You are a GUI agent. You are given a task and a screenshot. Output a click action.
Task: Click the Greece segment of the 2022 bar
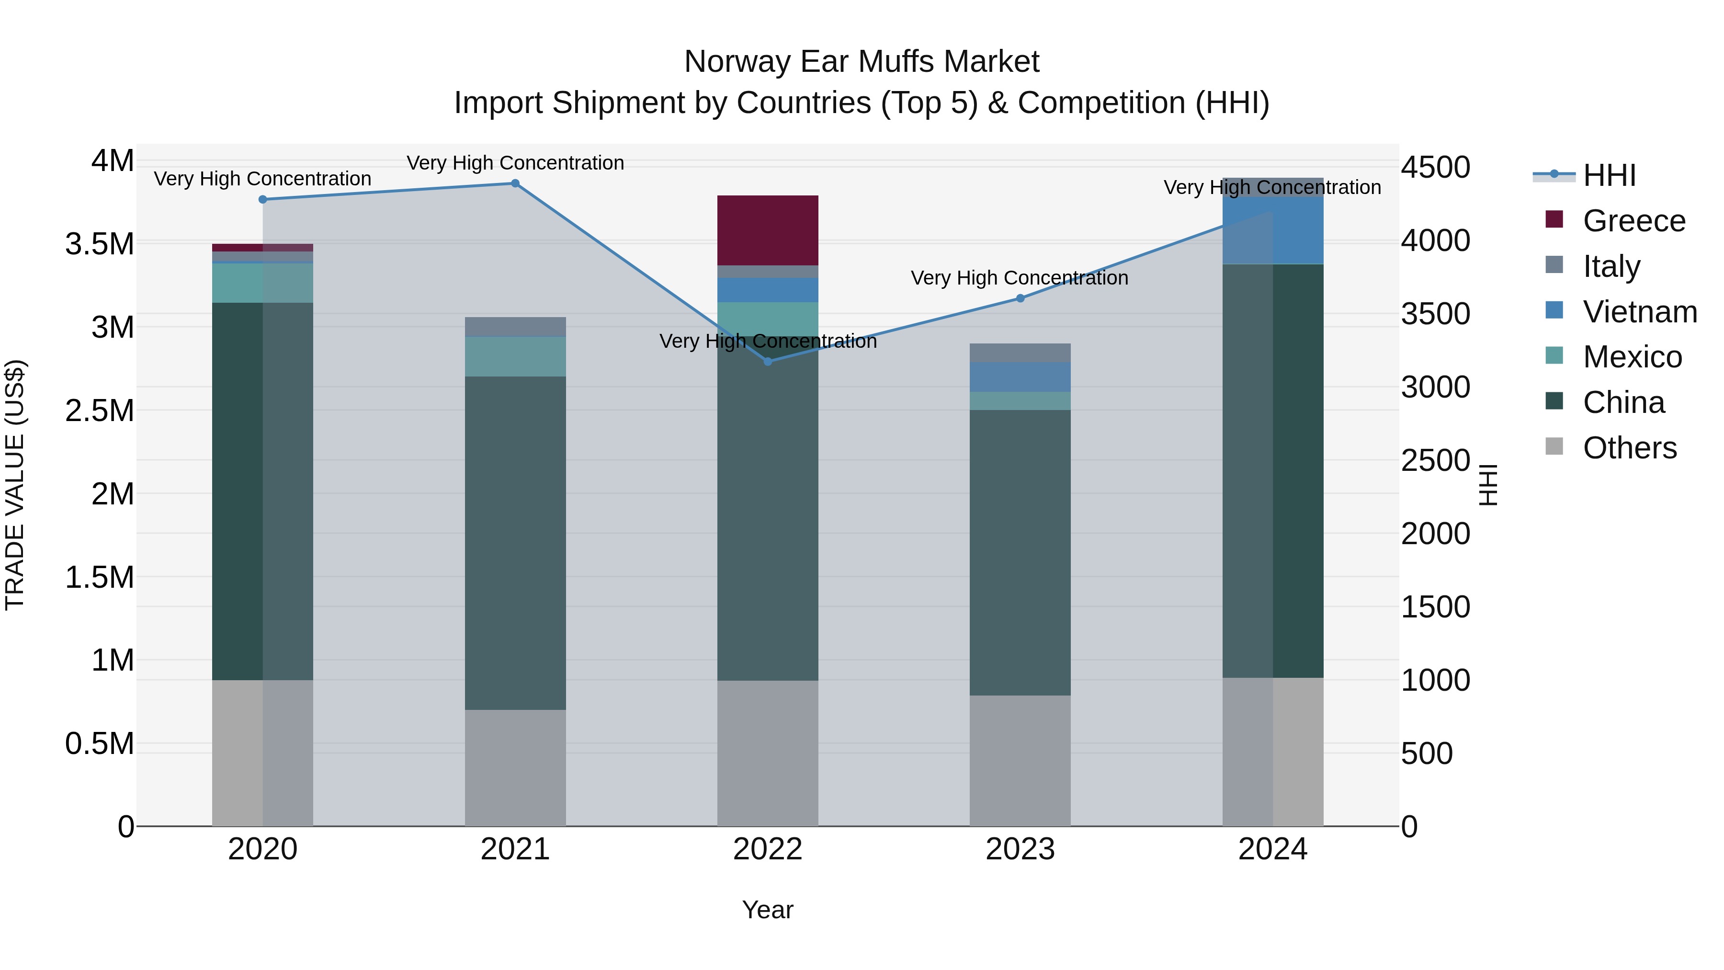pos(768,230)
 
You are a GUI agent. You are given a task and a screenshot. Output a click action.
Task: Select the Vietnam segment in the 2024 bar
pos(1272,230)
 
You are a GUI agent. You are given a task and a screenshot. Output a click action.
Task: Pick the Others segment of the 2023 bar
pos(1020,761)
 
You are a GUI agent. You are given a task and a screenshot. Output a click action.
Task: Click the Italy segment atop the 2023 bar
pos(1020,353)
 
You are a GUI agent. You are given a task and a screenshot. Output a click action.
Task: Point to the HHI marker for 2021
pos(515,183)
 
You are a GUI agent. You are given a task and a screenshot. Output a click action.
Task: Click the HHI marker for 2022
pos(768,362)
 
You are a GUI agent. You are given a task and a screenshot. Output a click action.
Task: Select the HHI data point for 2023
pos(1020,298)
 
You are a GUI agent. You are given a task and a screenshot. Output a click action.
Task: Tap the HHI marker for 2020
pos(263,199)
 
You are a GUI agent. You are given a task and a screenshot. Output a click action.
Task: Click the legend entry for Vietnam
pos(1639,312)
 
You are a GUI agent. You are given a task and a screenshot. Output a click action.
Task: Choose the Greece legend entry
pos(1633,221)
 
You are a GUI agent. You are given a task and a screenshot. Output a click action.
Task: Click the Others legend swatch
pos(1554,446)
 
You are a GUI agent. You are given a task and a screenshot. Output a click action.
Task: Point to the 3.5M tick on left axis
pos(99,244)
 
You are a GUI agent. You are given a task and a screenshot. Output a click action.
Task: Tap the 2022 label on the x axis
pos(768,849)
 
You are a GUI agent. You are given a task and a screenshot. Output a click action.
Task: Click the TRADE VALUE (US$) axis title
pos(15,485)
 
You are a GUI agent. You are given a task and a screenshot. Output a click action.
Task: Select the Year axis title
pos(768,910)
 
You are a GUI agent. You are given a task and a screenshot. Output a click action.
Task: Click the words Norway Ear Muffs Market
pos(862,62)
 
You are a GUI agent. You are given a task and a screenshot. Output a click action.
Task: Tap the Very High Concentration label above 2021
pos(515,163)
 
